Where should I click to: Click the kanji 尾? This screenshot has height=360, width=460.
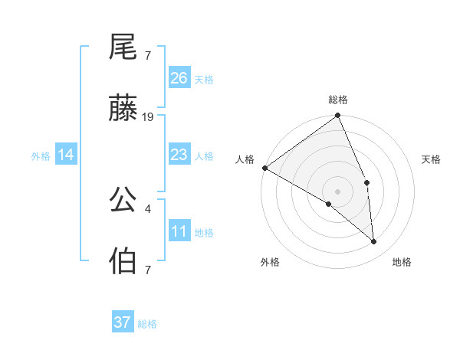[123, 48]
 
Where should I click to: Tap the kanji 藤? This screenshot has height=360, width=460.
[123, 110]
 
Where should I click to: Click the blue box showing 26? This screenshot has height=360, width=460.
[179, 78]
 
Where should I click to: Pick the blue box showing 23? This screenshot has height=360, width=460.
[179, 155]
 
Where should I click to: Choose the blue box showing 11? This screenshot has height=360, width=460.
[179, 231]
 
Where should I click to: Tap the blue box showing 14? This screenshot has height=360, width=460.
[66, 155]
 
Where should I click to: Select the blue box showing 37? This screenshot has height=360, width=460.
[123, 322]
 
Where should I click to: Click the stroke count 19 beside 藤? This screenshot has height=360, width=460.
[148, 117]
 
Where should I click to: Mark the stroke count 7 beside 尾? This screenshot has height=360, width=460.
[147, 56]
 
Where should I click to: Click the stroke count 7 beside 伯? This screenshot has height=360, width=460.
[147, 270]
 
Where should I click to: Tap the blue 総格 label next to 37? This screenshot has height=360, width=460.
[147, 324]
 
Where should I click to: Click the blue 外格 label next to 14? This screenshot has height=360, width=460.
[41, 156]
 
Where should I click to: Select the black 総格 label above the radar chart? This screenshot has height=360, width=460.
[338, 100]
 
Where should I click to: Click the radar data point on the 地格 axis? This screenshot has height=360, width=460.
[373, 242]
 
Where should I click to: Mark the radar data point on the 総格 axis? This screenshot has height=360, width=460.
[338, 116]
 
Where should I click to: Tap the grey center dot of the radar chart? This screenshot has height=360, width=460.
[338, 191]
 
